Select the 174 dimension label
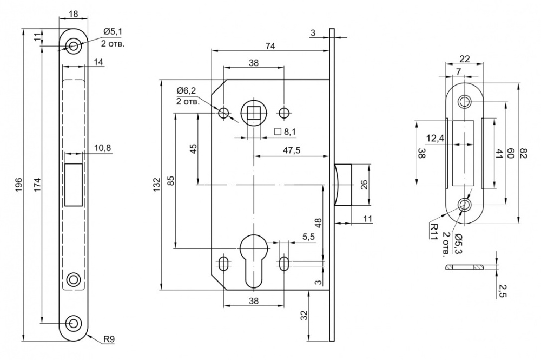(37, 184)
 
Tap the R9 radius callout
(109, 339)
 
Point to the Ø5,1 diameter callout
(113, 32)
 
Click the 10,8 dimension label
(102, 148)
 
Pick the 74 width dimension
(270, 46)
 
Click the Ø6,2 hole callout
(186, 91)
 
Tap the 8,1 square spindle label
(286, 132)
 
